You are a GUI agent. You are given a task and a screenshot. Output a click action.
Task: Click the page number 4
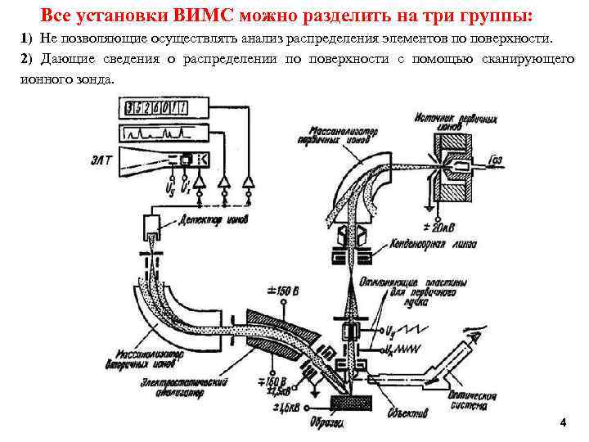click(562, 422)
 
